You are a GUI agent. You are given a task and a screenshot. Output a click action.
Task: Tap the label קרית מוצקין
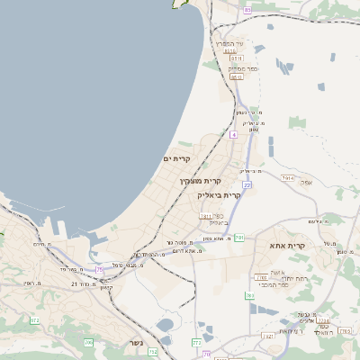(200, 181)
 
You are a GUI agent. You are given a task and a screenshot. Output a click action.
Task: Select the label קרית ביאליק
(220, 194)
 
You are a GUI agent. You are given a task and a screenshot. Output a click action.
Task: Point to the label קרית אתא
(288, 245)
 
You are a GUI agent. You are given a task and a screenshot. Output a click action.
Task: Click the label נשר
(136, 343)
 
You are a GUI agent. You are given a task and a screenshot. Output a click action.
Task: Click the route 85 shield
(247, 10)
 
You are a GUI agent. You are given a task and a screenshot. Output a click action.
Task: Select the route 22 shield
(247, 184)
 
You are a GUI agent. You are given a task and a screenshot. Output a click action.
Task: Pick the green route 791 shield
(238, 238)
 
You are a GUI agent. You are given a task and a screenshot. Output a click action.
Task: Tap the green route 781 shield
(249, 295)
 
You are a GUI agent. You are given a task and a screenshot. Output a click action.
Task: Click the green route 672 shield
(35, 320)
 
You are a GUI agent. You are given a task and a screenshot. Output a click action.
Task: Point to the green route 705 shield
(88, 343)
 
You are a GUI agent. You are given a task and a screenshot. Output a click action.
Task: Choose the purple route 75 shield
(101, 268)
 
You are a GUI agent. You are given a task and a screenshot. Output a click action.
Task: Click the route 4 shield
(233, 135)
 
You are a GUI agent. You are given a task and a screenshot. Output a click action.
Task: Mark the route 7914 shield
(288, 178)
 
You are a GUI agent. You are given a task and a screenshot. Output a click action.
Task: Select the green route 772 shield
(196, 342)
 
